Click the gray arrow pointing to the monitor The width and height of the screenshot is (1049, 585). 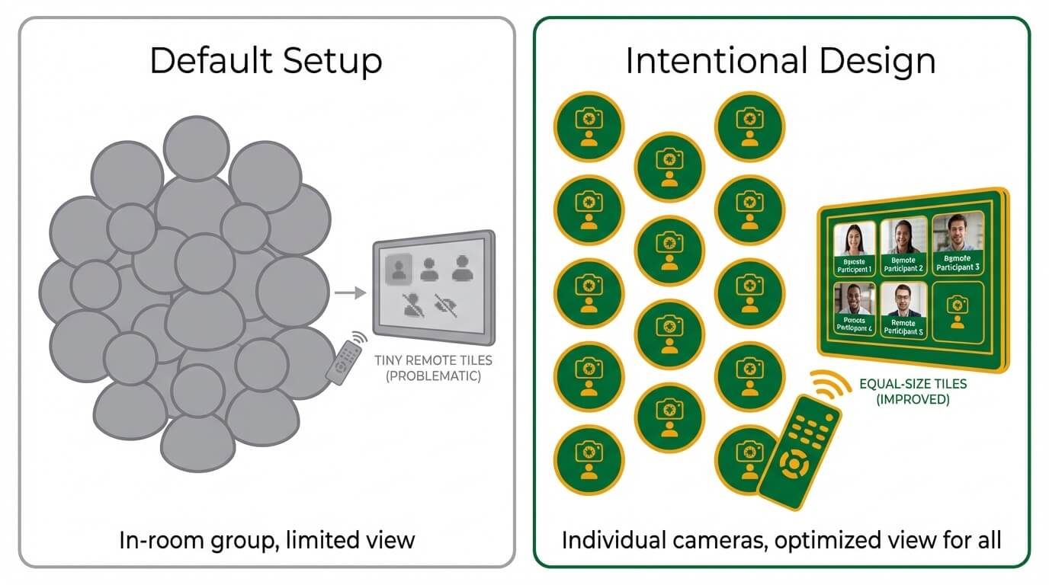(x=350, y=292)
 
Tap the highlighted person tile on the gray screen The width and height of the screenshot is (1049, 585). (x=399, y=268)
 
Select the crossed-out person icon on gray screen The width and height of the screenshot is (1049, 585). (x=414, y=305)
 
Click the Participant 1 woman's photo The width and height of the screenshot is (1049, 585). (x=854, y=239)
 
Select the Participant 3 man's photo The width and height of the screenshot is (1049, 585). (x=958, y=233)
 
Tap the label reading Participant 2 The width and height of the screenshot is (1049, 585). (x=903, y=264)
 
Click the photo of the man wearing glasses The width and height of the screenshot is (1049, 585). (x=903, y=301)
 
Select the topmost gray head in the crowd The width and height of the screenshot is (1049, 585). (x=196, y=147)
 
